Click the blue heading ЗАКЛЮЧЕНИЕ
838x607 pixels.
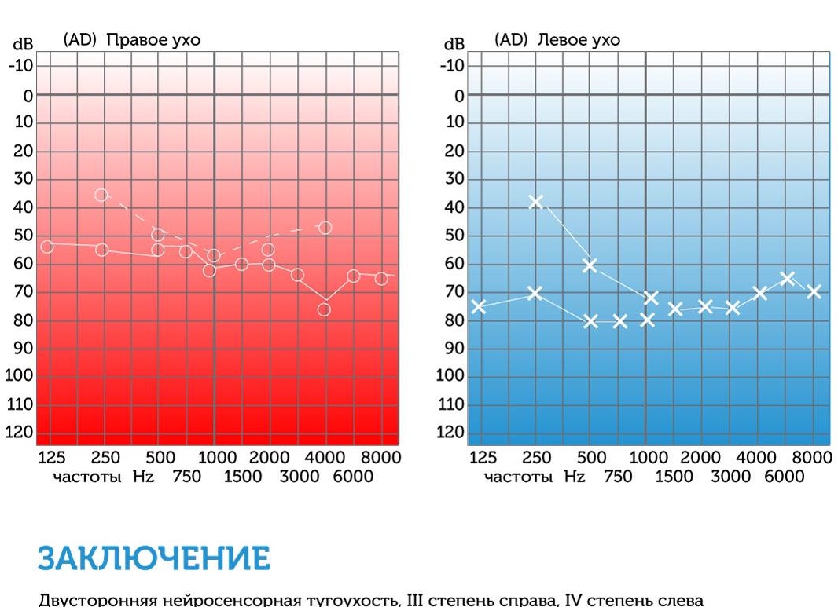(x=153, y=558)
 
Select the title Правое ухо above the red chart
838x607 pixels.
(x=153, y=40)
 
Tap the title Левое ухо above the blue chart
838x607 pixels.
(x=579, y=40)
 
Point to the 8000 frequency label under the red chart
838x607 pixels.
(x=380, y=458)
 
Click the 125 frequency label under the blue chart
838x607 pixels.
(x=483, y=458)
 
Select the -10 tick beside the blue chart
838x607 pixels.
(x=452, y=66)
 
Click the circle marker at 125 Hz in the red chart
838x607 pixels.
(x=47, y=247)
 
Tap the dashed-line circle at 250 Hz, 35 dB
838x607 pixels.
(x=101, y=195)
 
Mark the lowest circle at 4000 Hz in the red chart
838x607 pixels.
(x=324, y=309)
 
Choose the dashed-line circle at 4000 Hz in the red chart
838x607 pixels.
(x=325, y=228)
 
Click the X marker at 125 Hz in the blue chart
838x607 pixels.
(x=478, y=306)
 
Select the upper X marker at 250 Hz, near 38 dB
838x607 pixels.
(x=536, y=202)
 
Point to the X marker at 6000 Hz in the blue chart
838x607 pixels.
(x=787, y=279)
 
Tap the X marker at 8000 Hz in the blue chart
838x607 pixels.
(x=814, y=291)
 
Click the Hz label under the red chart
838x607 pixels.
(x=144, y=477)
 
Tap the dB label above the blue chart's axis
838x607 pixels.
(x=454, y=45)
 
